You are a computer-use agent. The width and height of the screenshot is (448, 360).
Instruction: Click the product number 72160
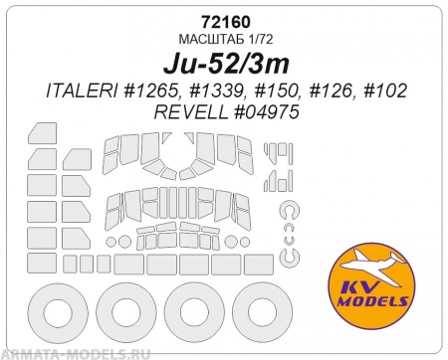(x=225, y=22)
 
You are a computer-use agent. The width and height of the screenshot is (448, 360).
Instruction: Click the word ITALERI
(x=81, y=90)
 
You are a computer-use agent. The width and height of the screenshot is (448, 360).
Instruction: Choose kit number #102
(x=385, y=90)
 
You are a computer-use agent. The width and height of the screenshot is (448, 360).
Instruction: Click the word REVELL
(x=190, y=112)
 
